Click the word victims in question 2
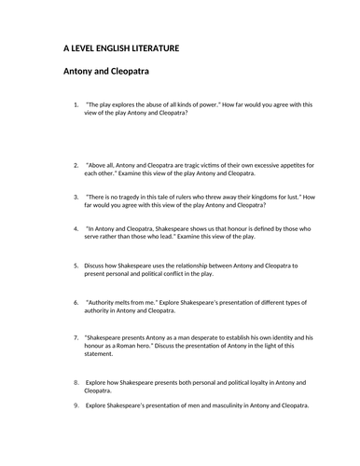[x=220, y=165]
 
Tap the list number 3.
[x=75, y=198]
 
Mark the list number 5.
[x=75, y=266]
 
